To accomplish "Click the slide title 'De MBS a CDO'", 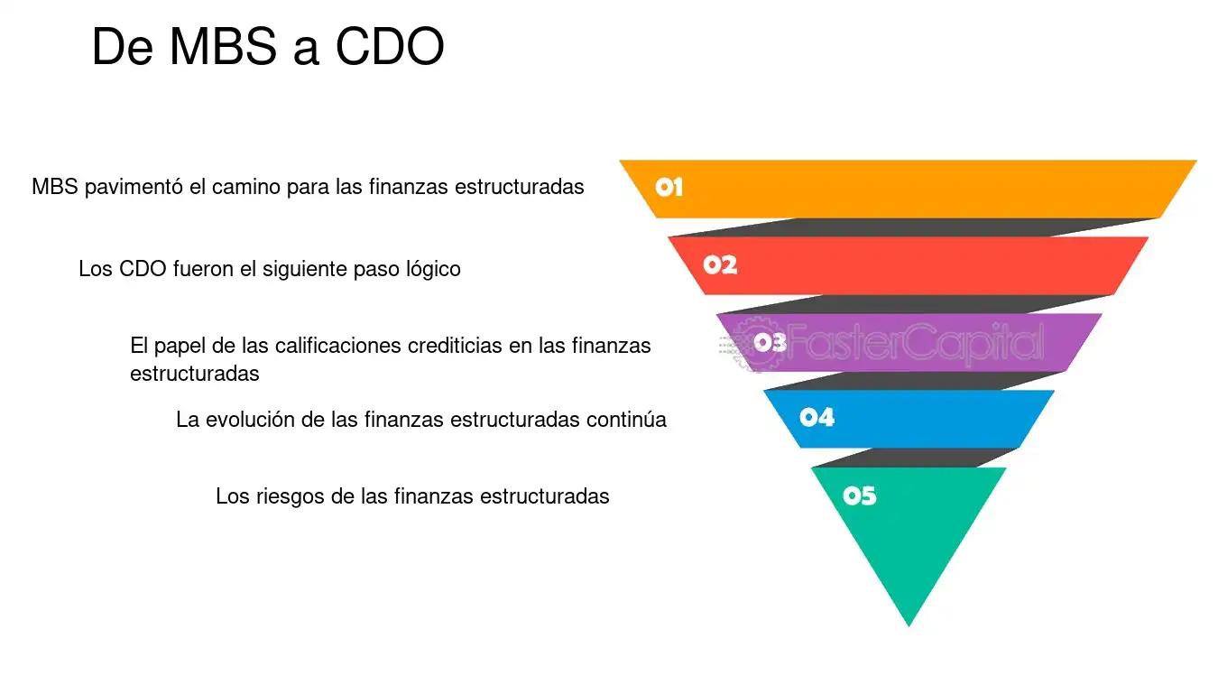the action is click(x=268, y=46).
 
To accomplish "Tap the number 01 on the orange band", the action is click(x=669, y=187).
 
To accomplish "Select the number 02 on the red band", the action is click(x=720, y=265).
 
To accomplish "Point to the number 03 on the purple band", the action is click(x=770, y=342).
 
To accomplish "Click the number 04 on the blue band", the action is click(x=817, y=417).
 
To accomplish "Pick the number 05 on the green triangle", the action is click(x=860, y=495).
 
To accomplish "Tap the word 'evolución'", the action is click(x=255, y=420).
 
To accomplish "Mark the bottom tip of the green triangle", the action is click(x=909, y=626).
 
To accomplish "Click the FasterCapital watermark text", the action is click(x=915, y=342).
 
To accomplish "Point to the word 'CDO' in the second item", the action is click(x=143, y=269).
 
